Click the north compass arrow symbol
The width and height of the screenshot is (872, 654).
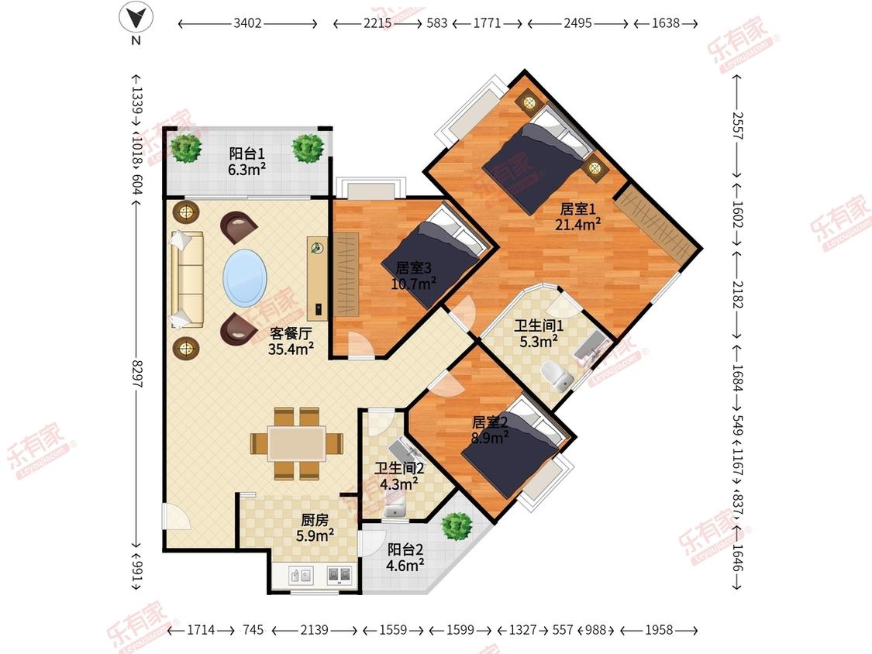[x=136, y=18]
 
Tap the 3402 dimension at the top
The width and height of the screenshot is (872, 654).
[x=247, y=23]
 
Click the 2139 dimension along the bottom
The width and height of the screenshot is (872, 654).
[x=314, y=630]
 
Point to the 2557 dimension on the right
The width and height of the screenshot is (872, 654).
[x=737, y=126]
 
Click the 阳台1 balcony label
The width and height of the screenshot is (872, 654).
[x=247, y=153]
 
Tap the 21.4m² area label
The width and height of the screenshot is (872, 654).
[x=577, y=224]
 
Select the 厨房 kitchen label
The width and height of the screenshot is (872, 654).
[x=315, y=520]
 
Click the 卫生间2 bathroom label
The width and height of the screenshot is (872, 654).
[x=399, y=468]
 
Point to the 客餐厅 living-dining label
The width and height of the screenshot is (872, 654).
[x=291, y=333]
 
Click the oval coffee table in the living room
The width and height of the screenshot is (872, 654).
[x=245, y=277]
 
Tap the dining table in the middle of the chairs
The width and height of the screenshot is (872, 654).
[x=297, y=443]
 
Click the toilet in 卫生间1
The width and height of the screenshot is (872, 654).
[x=557, y=375]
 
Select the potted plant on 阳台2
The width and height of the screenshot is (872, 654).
[x=457, y=525]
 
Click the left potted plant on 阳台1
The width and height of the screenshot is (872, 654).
[x=186, y=147]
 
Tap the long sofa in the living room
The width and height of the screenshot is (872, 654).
[x=187, y=279]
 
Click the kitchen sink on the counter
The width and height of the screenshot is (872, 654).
[x=301, y=575]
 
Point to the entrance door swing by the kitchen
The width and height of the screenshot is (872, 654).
[x=176, y=517]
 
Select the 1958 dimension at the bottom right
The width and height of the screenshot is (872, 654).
[x=659, y=630]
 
